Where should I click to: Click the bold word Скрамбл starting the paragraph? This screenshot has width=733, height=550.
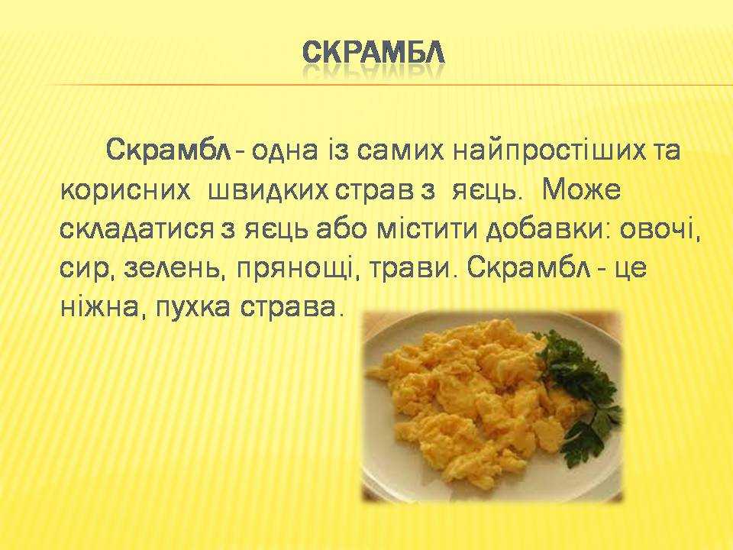[x=169, y=150]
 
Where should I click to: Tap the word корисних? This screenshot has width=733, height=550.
[x=126, y=190]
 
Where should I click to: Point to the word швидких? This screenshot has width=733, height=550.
[x=267, y=190]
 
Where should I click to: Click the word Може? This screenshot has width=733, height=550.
[x=582, y=190]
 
